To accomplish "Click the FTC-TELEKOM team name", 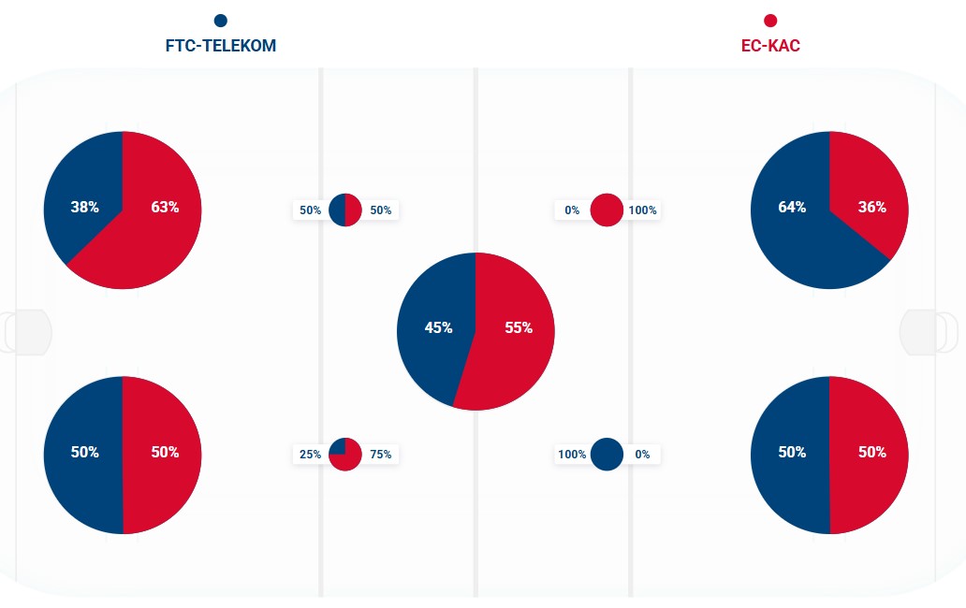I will click(x=221, y=46).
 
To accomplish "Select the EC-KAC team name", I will click(x=770, y=46).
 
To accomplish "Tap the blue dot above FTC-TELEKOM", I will click(x=221, y=21).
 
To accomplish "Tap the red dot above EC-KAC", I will click(x=770, y=21).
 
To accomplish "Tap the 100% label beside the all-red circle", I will click(x=643, y=210).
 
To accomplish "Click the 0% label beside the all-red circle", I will click(x=572, y=210).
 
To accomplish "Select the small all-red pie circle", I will click(x=607, y=210).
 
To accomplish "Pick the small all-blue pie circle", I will click(x=607, y=454).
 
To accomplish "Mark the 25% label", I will click(x=310, y=455).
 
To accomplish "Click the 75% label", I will click(x=381, y=455).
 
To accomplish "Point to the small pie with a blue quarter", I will click(x=345, y=454).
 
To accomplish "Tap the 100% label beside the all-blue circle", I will click(x=572, y=455).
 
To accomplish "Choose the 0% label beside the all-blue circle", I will click(x=642, y=455).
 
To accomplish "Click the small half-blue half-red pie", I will click(x=345, y=210).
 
